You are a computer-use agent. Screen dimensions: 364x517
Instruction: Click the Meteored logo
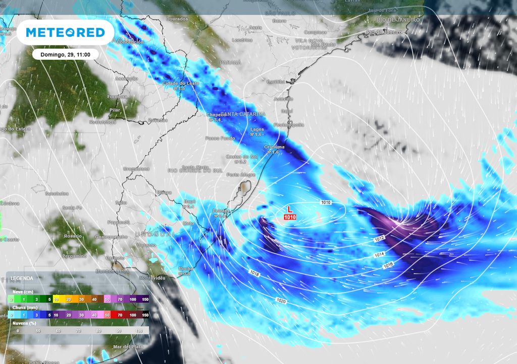point(65,32)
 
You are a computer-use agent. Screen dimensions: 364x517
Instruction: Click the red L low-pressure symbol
point(289,209)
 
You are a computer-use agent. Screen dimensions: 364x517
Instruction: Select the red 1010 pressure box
point(289,217)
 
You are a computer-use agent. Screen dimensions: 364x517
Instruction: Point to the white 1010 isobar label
point(326,202)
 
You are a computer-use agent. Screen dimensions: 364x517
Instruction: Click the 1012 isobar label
point(380,238)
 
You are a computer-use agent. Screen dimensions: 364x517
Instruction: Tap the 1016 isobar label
point(388,265)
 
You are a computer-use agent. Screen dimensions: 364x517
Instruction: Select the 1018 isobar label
point(254,272)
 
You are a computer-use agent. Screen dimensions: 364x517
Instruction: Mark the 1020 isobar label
point(282,300)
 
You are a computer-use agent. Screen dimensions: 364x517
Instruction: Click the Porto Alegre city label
point(241,175)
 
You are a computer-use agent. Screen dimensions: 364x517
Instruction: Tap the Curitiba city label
point(276,81)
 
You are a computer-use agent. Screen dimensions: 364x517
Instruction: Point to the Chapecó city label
point(216,114)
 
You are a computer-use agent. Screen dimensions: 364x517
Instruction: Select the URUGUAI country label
point(154,235)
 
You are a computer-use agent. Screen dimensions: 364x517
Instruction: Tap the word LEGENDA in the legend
point(22,278)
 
